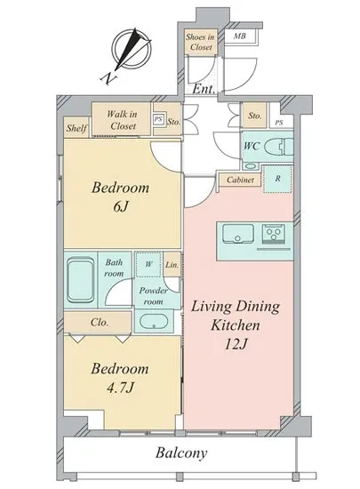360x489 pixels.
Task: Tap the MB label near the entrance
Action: [x=239, y=36]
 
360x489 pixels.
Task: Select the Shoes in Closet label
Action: [x=200, y=42]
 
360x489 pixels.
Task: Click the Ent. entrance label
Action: [x=204, y=89]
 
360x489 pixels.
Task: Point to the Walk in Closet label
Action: [x=122, y=120]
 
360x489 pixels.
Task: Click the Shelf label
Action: [x=76, y=127]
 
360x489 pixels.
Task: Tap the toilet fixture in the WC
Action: [x=279, y=147]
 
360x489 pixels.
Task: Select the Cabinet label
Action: [x=240, y=180]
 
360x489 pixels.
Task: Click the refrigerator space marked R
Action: [x=277, y=179]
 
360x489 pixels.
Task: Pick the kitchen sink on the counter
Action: [x=238, y=234]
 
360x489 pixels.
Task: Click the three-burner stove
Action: [x=274, y=234]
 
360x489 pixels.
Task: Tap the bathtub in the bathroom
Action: [x=81, y=280]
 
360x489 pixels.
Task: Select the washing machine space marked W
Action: [x=148, y=264]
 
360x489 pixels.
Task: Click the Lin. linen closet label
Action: [x=172, y=265]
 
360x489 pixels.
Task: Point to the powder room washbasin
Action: [x=154, y=321]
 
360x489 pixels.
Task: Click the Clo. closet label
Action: [x=100, y=322]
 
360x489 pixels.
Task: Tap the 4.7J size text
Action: [x=120, y=388]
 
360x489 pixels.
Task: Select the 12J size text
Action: [x=236, y=344]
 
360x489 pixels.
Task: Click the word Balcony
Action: [x=181, y=453]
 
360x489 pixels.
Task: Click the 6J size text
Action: [x=120, y=207]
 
